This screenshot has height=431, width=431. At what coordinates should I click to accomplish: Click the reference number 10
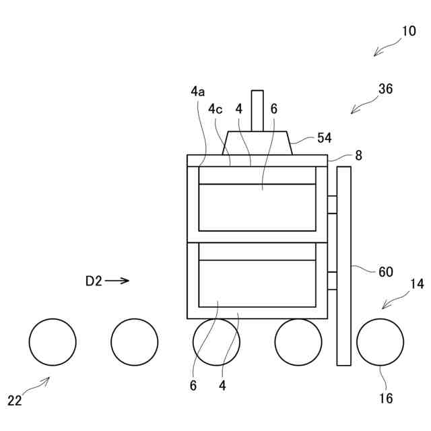point(409,31)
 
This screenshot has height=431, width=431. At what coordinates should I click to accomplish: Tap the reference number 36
point(386,88)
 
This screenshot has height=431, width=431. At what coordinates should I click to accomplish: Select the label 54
point(325,137)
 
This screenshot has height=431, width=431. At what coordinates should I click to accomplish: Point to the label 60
point(385,271)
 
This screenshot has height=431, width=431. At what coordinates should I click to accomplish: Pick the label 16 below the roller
point(386,398)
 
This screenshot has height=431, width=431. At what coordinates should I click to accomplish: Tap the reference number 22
point(15,401)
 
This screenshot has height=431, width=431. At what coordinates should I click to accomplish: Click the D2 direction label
point(94,281)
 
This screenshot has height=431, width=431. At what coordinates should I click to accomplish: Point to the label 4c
point(215,108)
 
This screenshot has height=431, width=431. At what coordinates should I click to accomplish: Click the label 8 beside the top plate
point(358,156)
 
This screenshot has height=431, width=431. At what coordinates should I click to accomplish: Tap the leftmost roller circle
point(53,342)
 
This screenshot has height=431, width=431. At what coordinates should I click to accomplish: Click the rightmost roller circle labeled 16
point(380,342)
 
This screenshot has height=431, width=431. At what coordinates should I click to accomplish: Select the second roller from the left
point(135,342)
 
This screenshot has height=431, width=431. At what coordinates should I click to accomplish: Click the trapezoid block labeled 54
point(257,143)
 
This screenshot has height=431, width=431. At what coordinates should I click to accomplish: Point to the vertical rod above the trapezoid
point(257,110)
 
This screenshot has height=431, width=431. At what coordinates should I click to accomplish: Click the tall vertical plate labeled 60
point(343,265)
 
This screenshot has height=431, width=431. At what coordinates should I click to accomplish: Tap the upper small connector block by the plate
point(331,205)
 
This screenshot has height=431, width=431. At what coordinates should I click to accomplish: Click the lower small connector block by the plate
point(331,281)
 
